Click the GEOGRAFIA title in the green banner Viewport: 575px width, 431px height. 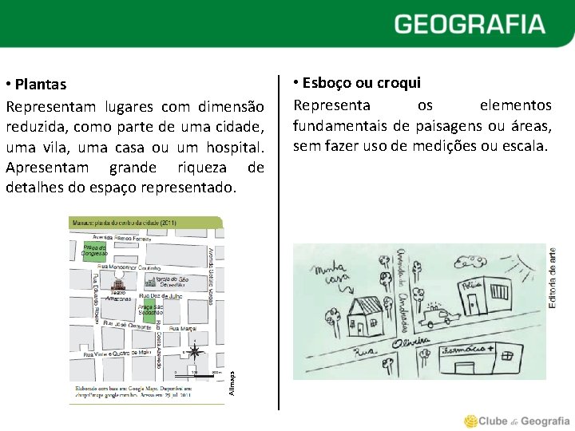tap(469, 24)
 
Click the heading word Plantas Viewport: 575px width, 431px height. tap(40, 85)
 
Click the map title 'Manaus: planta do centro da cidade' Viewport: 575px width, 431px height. tap(124, 223)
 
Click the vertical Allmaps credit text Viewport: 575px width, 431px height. tap(232, 378)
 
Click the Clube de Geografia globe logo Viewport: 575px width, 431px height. tap(471, 421)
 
